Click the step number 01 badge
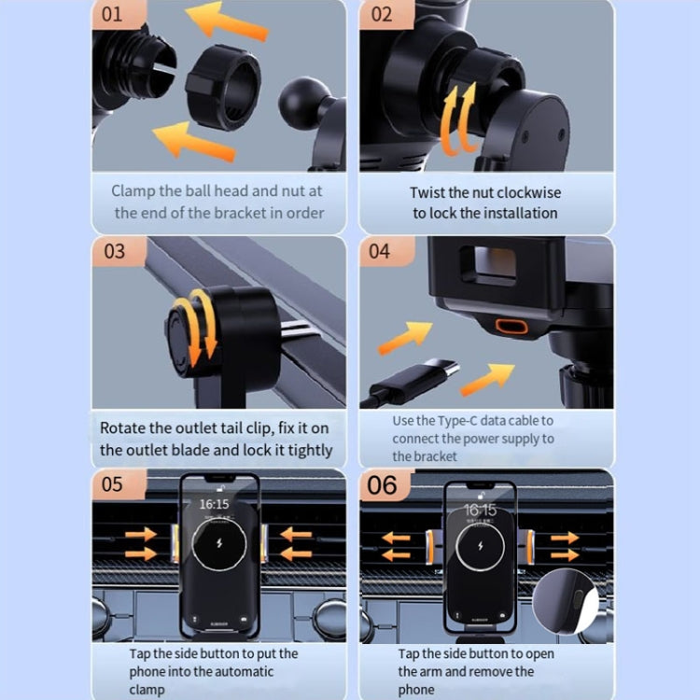click(x=112, y=15)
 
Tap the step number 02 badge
click(x=382, y=15)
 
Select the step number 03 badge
click(x=113, y=251)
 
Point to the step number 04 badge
click(x=380, y=251)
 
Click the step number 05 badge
click(x=113, y=484)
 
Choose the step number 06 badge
click(x=382, y=485)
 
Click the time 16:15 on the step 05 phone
click(x=214, y=504)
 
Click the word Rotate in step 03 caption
click(x=123, y=428)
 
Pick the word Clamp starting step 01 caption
click(x=133, y=190)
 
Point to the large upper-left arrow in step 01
click(x=223, y=19)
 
